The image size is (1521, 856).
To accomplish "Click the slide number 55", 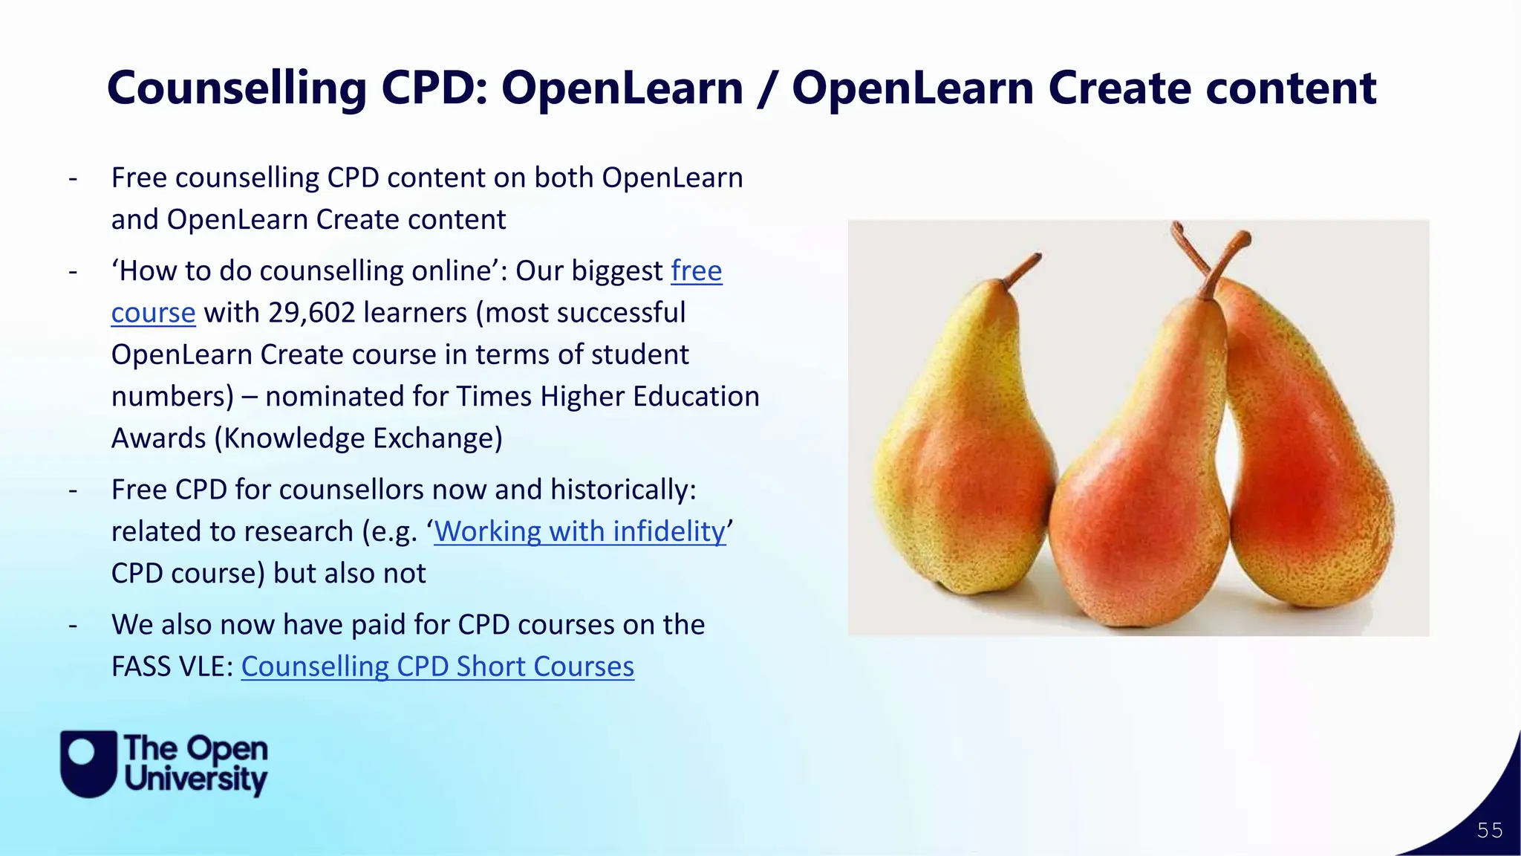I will (x=1489, y=830).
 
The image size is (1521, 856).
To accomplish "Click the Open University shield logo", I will (x=88, y=763).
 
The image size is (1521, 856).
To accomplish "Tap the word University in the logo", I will (x=196, y=779).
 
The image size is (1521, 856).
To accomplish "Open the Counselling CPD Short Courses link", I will (x=437, y=667).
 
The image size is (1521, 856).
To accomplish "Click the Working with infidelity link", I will (x=579, y=531).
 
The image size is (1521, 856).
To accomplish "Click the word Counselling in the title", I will (x=237, y=88).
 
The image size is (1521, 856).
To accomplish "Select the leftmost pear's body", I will (x=958, y=476).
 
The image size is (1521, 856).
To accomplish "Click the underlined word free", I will (x=696, y=271).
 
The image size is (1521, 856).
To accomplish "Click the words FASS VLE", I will (x=171, y=667).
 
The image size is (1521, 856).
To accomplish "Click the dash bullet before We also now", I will (x=73, y=626).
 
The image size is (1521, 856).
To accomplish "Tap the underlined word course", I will (x=153, y=313).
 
